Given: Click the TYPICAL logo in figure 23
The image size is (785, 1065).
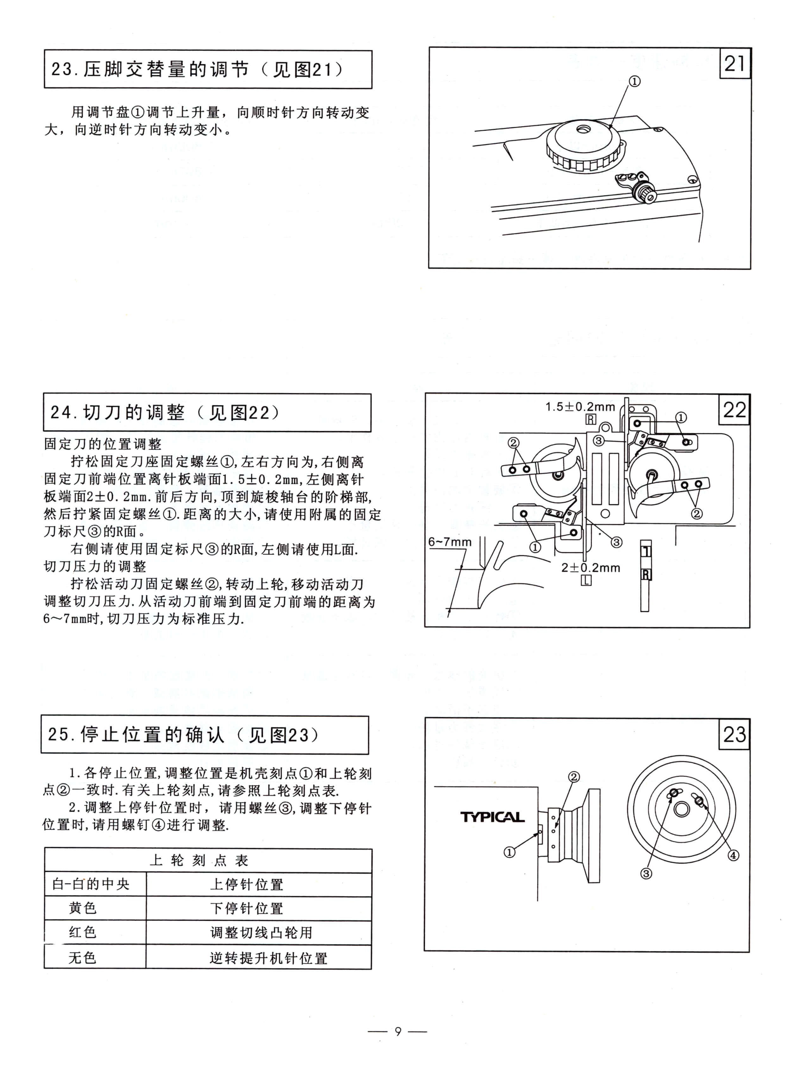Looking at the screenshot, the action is (492, 817).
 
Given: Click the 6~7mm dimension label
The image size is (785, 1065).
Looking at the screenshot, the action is (449, 542).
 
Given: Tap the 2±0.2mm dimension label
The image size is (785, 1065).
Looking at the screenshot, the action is (591, 568).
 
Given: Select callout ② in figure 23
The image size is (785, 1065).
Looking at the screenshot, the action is (574, 777).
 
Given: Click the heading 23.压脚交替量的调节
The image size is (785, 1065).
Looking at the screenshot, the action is (197, 69).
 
